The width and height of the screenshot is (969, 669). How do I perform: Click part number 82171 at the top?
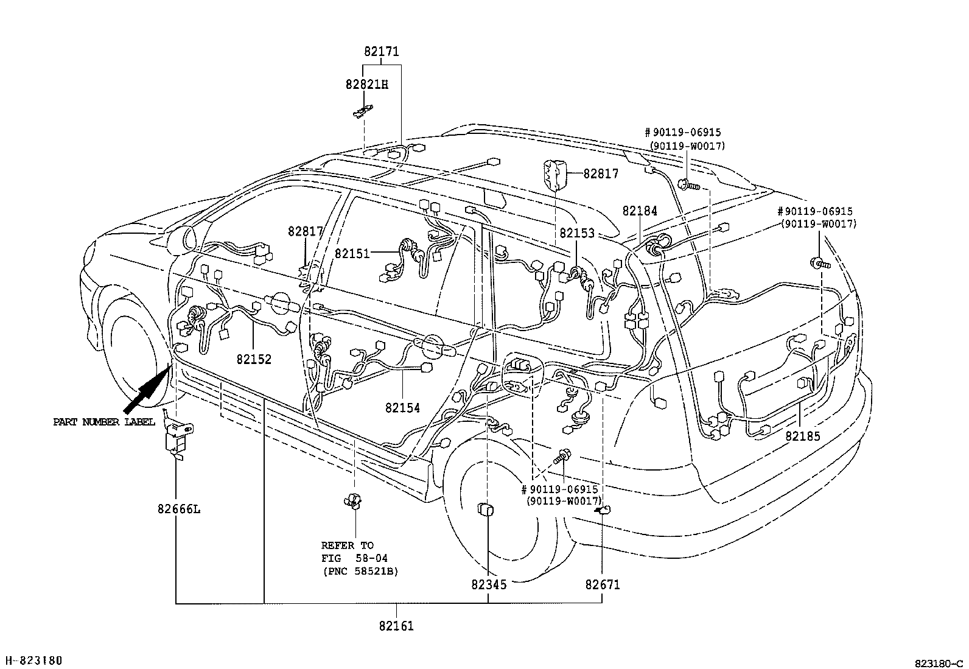(x=382, y=52)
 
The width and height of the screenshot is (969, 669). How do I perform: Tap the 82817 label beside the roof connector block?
(x=600, y=174)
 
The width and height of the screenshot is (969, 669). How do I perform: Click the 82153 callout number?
(x=577, y=233)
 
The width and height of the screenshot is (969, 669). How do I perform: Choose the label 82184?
(x=639, y=211)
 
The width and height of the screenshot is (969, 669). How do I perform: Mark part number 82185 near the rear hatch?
(x=802, y=436)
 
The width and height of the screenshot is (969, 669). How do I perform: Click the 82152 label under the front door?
(x=254, y=359)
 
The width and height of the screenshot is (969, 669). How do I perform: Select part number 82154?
(x=402, y=408)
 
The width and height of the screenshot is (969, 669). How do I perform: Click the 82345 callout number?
(x=488, y=584)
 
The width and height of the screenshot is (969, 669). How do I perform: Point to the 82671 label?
(x=602, y=584)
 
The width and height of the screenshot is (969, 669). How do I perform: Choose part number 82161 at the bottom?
(x=396, y=626)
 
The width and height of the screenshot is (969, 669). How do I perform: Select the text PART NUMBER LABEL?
(x=103, y=422)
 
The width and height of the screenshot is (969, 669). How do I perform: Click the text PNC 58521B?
(x=360, y=571)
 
